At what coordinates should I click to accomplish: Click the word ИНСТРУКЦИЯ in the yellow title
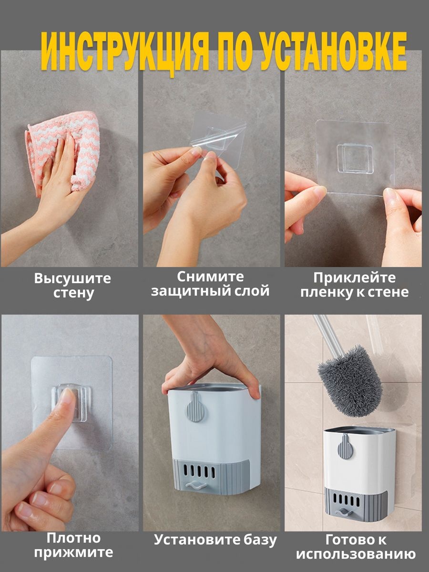tap(125, 52)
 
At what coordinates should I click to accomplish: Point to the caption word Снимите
tap(211, 277)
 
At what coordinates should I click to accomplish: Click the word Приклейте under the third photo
tap(355, 278)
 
